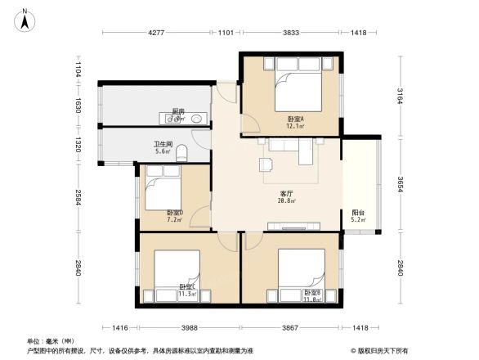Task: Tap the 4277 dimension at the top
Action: (157, 33)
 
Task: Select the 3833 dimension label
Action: (290, 33)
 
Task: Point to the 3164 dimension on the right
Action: (400, 96)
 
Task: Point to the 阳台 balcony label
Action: (358, 214)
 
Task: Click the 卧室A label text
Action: (295, 119)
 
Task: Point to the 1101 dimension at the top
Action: (226, 33)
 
